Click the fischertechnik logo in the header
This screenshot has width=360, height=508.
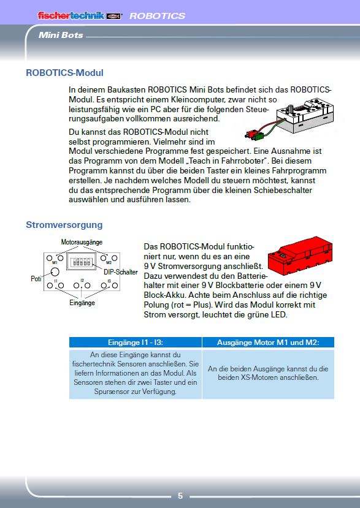(x=80, y=15)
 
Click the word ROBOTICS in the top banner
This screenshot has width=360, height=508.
(x=157, y=16)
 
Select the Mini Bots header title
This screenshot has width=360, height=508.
(x=61, y=35)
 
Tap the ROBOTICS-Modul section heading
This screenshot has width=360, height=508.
(x=64, y=72)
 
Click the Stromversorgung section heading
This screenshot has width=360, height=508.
(x=64, y=225)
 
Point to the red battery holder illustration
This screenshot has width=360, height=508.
(x=300, y=256)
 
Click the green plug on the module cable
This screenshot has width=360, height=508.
(x=259, y=136)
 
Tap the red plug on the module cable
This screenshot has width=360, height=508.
(x=250, y=134)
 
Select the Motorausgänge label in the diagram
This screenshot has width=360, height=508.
(x=82, y=242)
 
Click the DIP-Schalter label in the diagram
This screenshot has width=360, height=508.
(x=121, y=272)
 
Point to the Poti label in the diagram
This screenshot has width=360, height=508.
(x=36, y=279)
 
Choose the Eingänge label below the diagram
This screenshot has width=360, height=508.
(x=82, y=303)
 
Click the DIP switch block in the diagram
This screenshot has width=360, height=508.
(x=82, y=261)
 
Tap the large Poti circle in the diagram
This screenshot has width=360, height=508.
(x=55, y=271)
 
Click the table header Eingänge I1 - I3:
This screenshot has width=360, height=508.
(x=136, y=343)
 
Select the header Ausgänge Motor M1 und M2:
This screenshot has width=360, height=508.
(x=268, y=343)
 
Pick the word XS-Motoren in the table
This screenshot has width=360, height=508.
(x=259, y=377)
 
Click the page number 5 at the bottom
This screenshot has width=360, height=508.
(x=180, y=496)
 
